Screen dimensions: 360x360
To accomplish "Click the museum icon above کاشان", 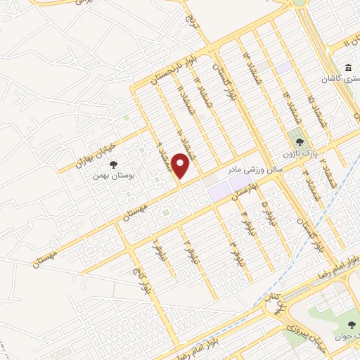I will (349, 67).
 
